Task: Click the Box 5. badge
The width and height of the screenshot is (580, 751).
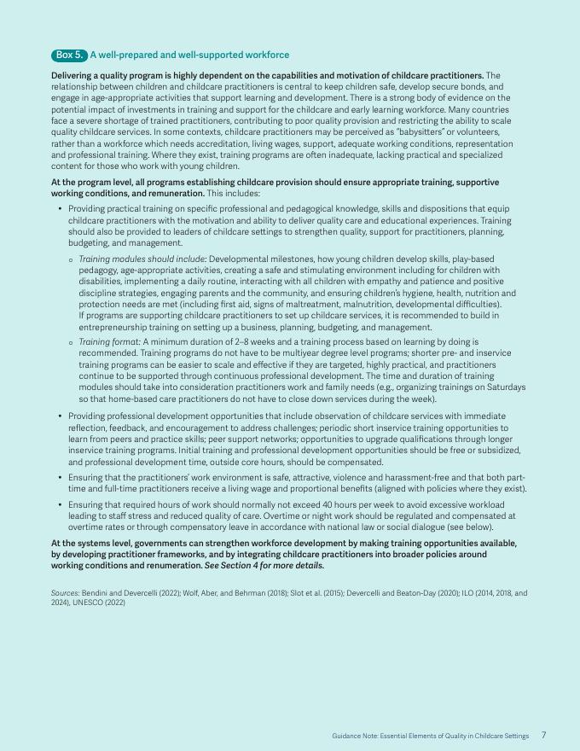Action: pos(69,55)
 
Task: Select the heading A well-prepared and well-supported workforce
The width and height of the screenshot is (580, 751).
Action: pos(189,55)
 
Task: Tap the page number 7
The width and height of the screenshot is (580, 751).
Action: pos(543,735)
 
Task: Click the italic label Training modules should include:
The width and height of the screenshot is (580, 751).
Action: pos(142,259)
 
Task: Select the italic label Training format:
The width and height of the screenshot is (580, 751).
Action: pos(109,341)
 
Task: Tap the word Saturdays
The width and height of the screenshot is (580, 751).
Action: pos(504,387)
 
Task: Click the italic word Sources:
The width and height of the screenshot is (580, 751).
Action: pos(65,591)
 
